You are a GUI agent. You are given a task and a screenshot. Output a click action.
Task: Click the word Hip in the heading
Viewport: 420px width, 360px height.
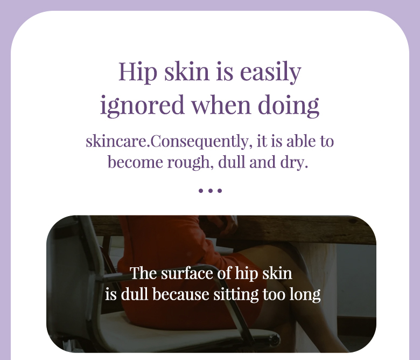tap(138, 72)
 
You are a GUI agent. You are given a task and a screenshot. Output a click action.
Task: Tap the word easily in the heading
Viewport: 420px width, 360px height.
tap(270, 72)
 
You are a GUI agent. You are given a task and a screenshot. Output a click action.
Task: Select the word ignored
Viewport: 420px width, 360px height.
tap(142, 105)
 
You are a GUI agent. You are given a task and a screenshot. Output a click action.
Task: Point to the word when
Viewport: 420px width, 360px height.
tap(221, 105)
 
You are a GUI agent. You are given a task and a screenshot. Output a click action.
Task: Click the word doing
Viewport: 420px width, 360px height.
tap(289, 105)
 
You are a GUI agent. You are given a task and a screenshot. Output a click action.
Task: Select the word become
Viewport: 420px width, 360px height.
tap(135, 162)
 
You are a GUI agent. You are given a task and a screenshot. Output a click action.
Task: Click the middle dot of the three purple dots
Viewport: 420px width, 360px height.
tap(210, 191)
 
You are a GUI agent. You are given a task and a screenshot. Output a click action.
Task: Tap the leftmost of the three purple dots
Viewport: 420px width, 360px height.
tap(201, 191)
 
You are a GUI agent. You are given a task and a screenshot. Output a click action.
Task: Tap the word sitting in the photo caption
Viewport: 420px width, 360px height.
tap(236, 295)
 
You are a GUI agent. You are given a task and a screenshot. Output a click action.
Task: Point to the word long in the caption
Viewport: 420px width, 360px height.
tap(305, 295)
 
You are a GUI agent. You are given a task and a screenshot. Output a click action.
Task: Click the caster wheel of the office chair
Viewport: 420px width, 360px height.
tap(275, 340)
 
